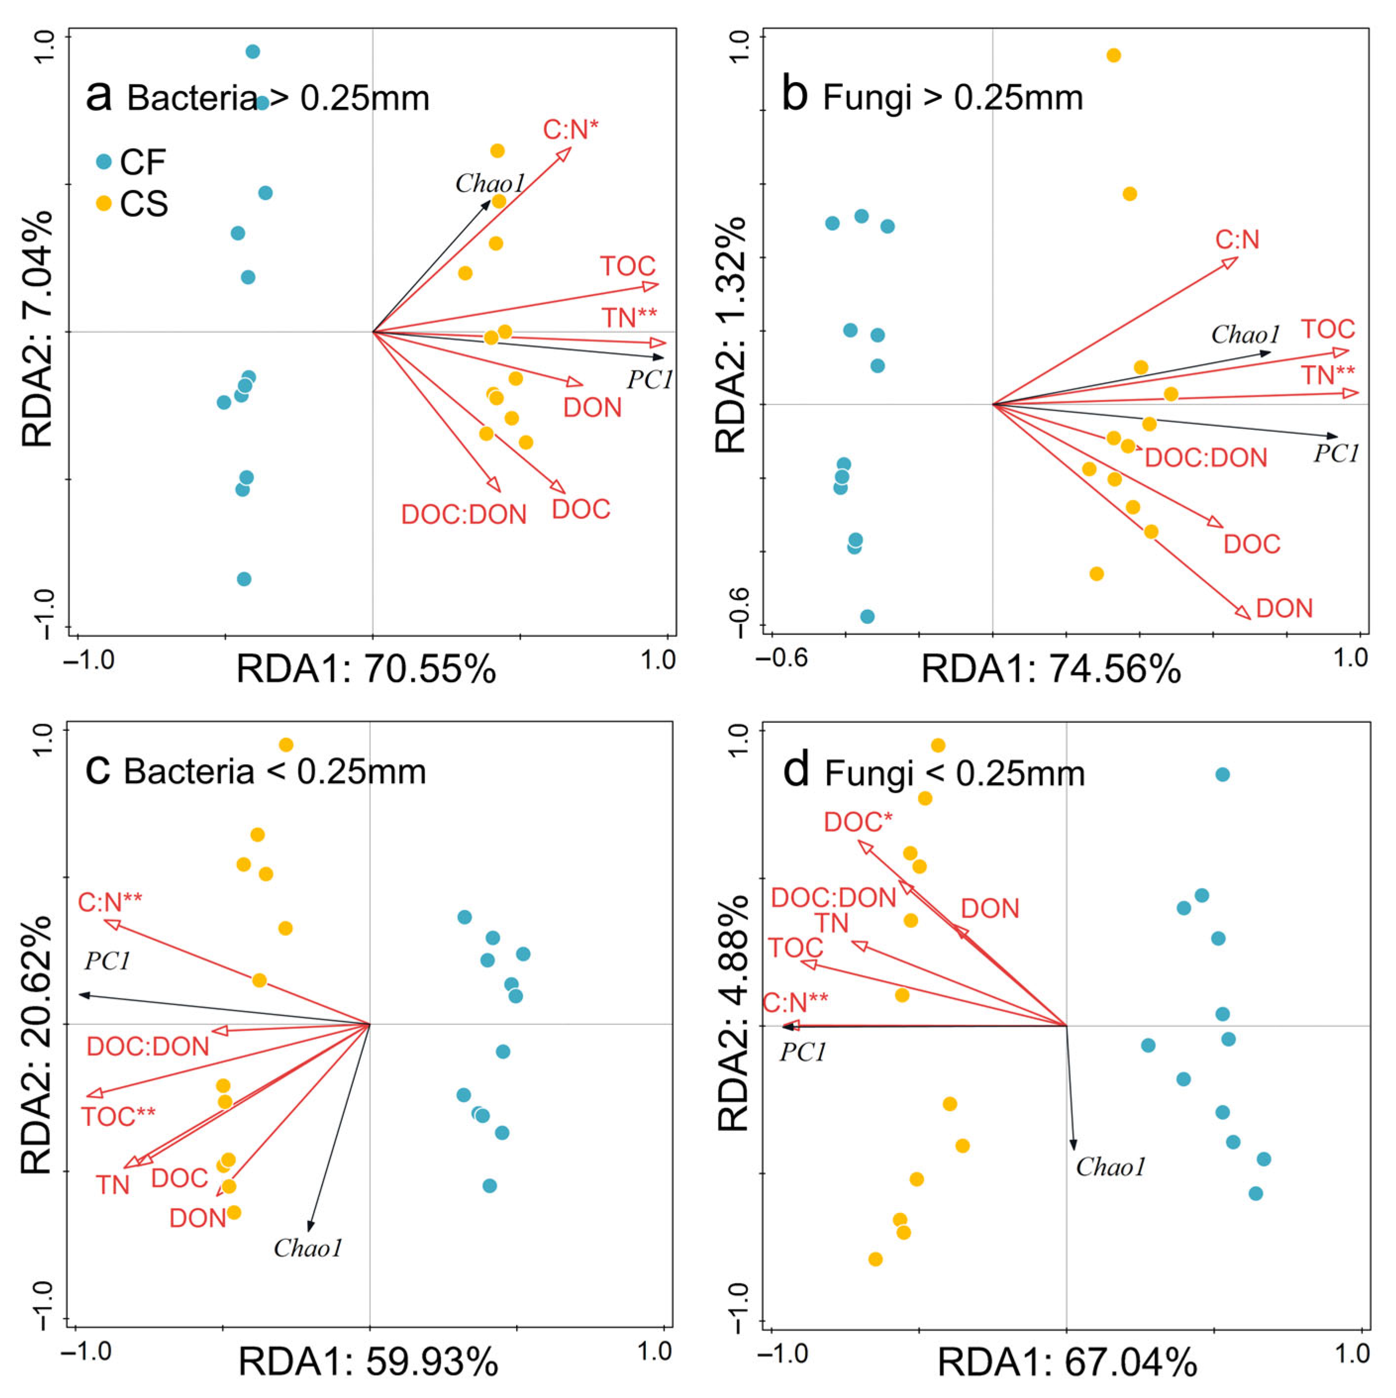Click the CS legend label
pos(144,204)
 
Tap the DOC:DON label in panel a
pos(463,514)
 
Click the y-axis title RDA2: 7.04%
pos(38,329)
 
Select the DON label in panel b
pos(1284,608)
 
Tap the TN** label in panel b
pos(1328,375)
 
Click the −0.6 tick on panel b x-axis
pos(781,658)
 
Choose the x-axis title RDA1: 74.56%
pos(1050,669)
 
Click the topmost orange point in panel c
pos(286,745)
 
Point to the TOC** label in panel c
pos(118,1117)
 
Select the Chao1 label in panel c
pos(308,1248)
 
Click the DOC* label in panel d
pos(858,822)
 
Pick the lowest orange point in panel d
pos(875,1259)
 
